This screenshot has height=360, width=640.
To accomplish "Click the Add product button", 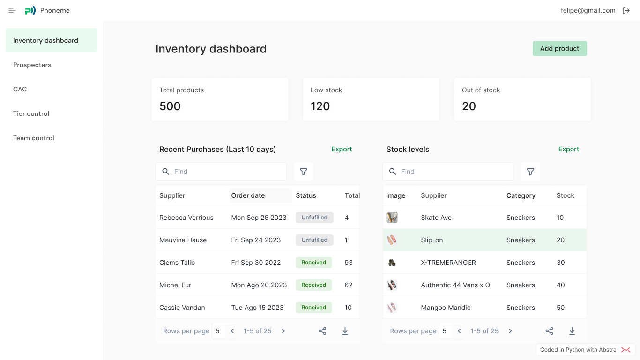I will click(559, 49).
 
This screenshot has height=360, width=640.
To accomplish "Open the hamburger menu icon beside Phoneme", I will click(12, 10).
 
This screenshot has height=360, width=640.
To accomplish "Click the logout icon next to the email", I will click(626, 10).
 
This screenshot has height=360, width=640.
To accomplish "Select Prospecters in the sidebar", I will click(32, 65).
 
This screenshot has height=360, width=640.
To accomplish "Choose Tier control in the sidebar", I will click(31, 113).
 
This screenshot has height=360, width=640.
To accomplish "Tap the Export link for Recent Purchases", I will click(342, 149).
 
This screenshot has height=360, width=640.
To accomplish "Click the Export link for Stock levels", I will click(568, 149).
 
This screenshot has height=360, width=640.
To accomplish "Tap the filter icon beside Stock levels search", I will click(530, 172).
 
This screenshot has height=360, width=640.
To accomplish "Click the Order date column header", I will click(248, 195).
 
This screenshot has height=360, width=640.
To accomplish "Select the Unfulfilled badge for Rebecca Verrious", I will click(314, 217).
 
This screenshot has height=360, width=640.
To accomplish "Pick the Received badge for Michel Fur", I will click(313, 285).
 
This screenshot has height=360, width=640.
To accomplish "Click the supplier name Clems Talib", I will click(177, 262).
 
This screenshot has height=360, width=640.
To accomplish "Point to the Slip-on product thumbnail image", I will click(392, 240).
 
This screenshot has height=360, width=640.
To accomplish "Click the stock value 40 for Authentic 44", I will click(560, 285).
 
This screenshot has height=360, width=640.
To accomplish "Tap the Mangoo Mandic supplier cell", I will click(446, 307).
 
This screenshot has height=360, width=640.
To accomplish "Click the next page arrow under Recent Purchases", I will click(283, 331).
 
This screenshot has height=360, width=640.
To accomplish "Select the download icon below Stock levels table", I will click(572, 331).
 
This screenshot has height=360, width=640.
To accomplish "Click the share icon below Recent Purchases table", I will click(322, 331).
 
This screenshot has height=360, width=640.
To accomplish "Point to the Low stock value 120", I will click(320, 106).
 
